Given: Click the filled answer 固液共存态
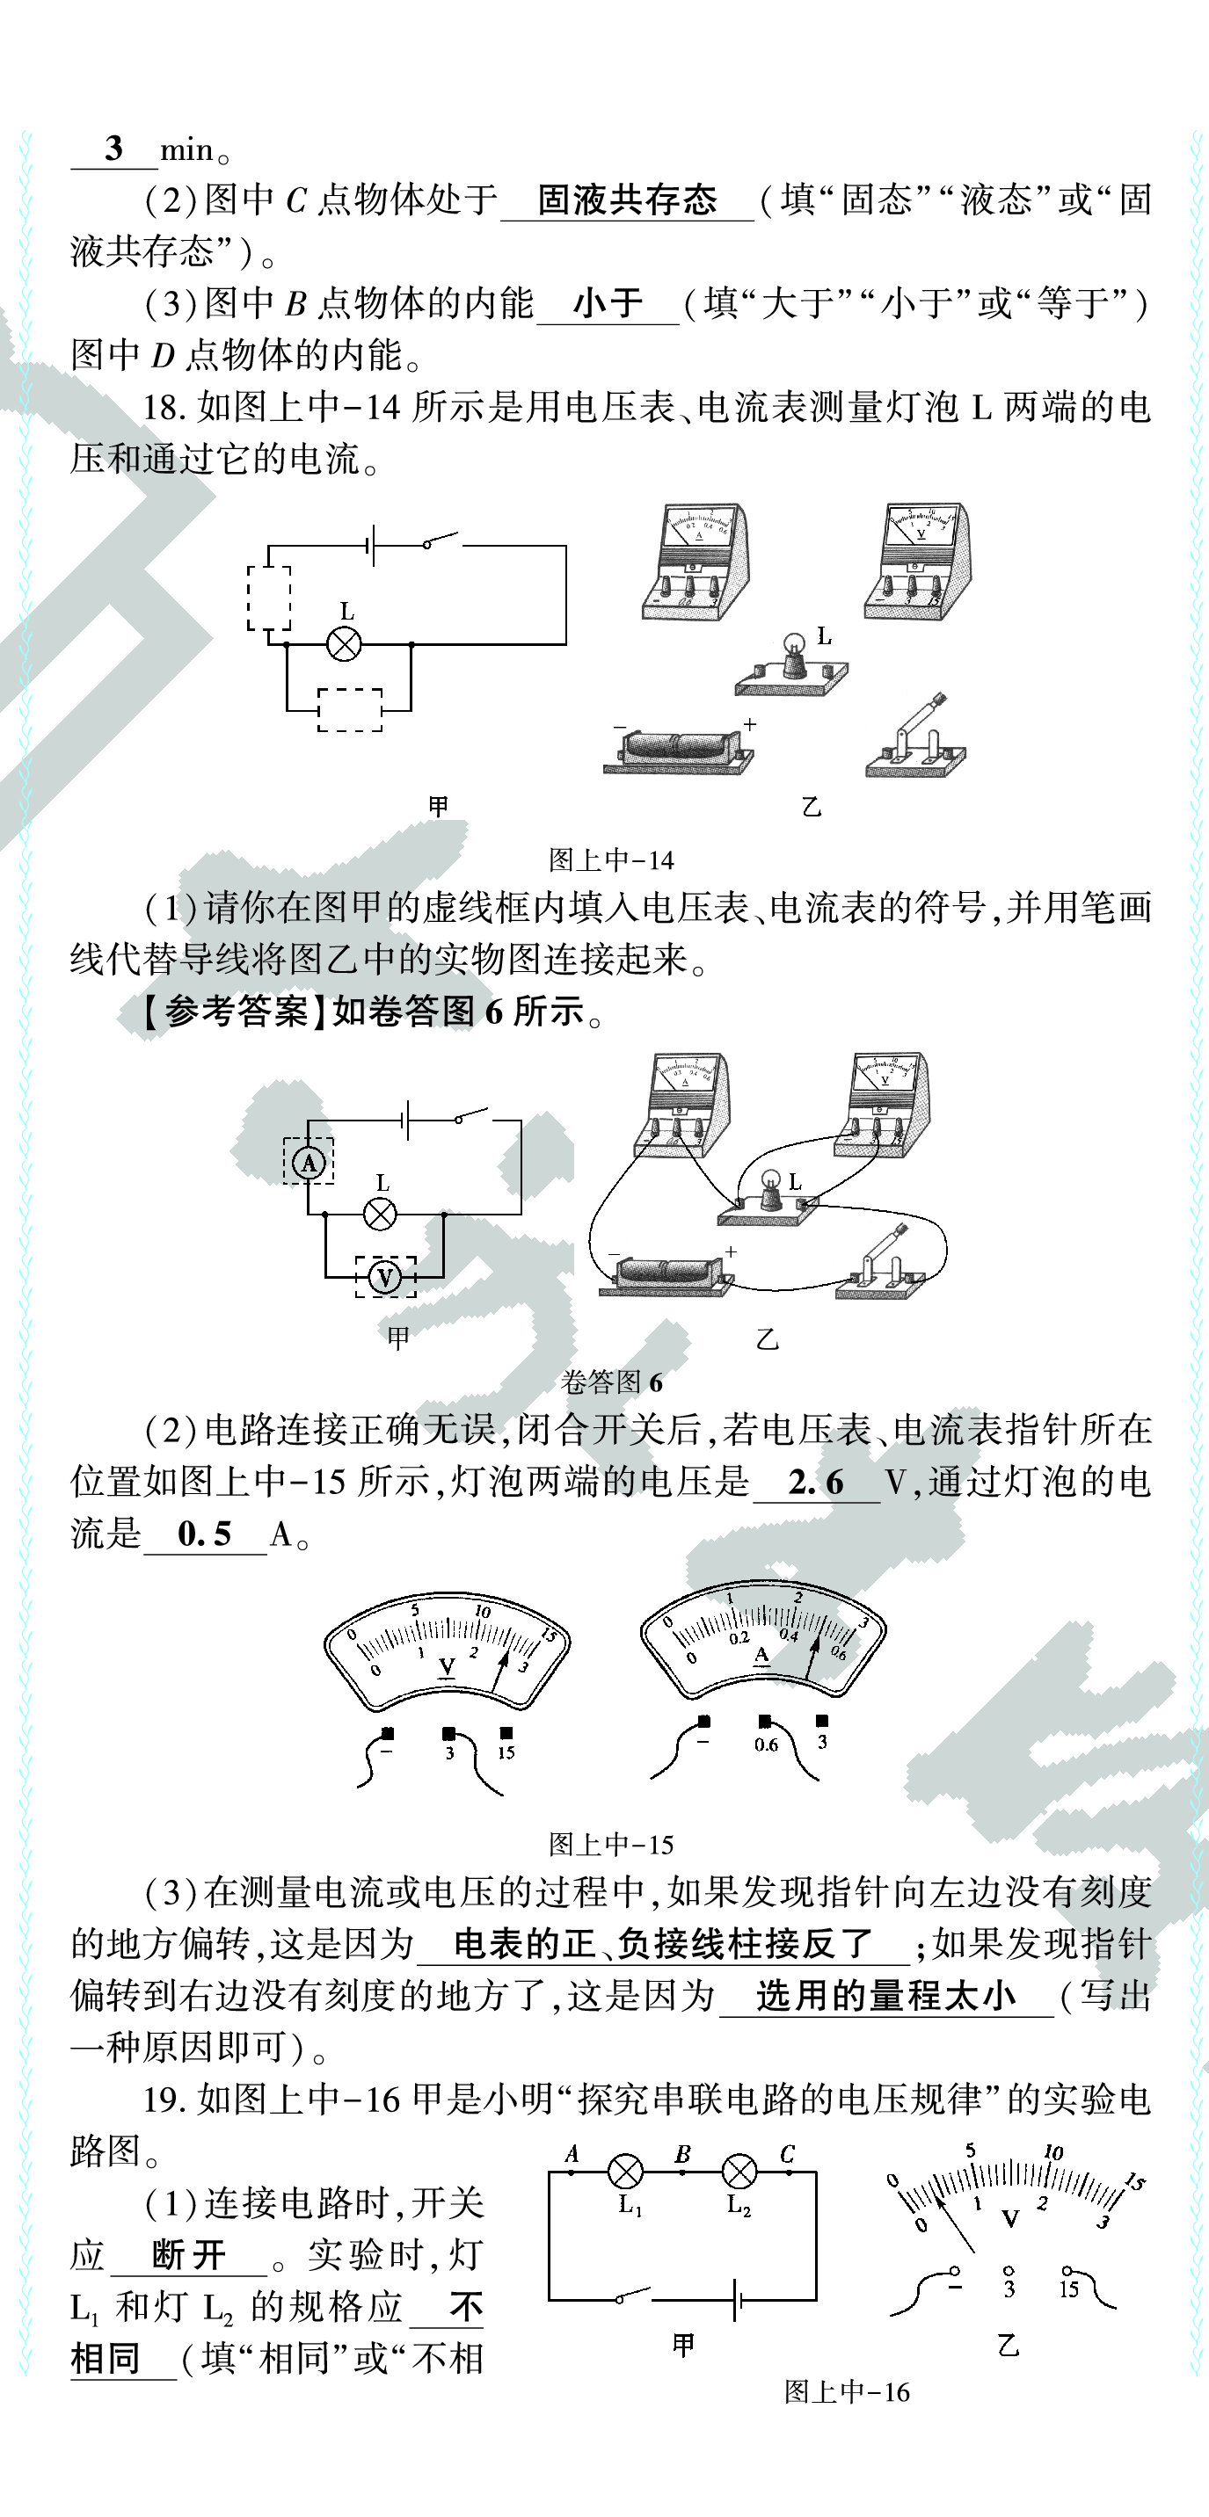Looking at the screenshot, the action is [x=627, y=200].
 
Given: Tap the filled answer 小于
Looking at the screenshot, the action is [x=608, y=304].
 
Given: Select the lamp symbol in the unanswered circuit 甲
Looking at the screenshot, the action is [x=343, y=644].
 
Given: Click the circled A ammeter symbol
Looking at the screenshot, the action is [x=309, y=1163].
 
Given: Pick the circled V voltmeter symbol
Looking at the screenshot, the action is [x=385, y=1277].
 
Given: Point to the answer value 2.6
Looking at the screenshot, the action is [x=816, y=1483].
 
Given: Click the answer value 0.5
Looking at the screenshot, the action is [x=204, y=1534].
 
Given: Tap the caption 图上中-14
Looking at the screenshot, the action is [x=612, y=860].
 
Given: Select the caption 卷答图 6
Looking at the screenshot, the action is [x=612, y=1382].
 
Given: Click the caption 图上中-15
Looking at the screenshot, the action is [x=612, y=1845].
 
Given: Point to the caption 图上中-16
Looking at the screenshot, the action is [x=847, y=2392].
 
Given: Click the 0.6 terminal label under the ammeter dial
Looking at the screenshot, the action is [x=766, y=1745].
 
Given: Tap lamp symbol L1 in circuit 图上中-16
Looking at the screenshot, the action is [x=625, y=2172].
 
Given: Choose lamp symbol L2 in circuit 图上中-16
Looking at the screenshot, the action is [x=739, y=2172].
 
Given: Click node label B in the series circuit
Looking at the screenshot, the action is [x=683, y=2153].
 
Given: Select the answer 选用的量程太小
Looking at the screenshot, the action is [x=885, y=1996].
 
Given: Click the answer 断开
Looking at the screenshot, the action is [x=189, y=2256].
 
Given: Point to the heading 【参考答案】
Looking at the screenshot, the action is [x=226, y=1012].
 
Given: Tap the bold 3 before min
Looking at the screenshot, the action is [x=113, y=149].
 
